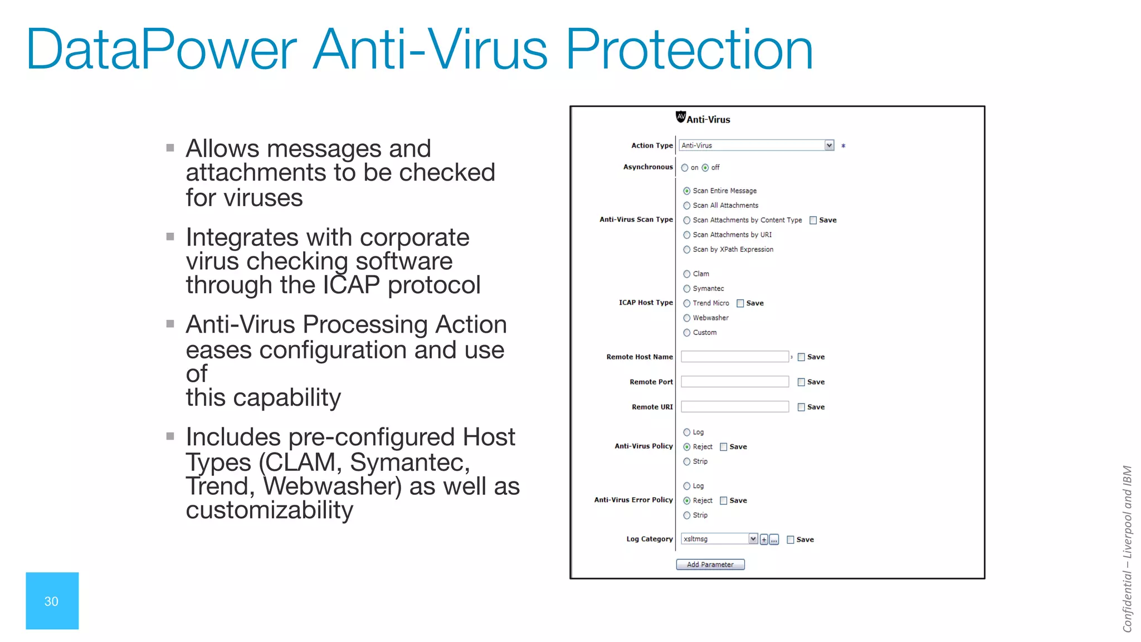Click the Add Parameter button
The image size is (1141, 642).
[710, 565]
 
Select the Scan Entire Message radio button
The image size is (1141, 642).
[687, 191]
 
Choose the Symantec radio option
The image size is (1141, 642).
[687, 289]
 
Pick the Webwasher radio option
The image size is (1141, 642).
[687, 318]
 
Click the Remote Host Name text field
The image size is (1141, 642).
[734, 357]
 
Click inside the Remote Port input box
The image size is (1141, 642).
[734, 382]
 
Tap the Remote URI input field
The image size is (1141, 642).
[734, 407]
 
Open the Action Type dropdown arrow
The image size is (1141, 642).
[829, 145]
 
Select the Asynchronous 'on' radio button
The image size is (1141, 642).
[685, 168]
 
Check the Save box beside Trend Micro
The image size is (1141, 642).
[740, 303]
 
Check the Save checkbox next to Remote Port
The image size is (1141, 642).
[801, 382]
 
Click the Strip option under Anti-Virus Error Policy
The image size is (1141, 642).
[687, 515]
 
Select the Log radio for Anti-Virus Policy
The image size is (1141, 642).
[687, 432]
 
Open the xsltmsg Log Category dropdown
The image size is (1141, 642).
[753, 539]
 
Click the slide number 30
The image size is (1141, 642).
[51, 601]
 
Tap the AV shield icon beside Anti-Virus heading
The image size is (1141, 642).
[680, 116]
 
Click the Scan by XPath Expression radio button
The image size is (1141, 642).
[687, 250]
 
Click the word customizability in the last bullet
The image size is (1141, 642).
[270, 510]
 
